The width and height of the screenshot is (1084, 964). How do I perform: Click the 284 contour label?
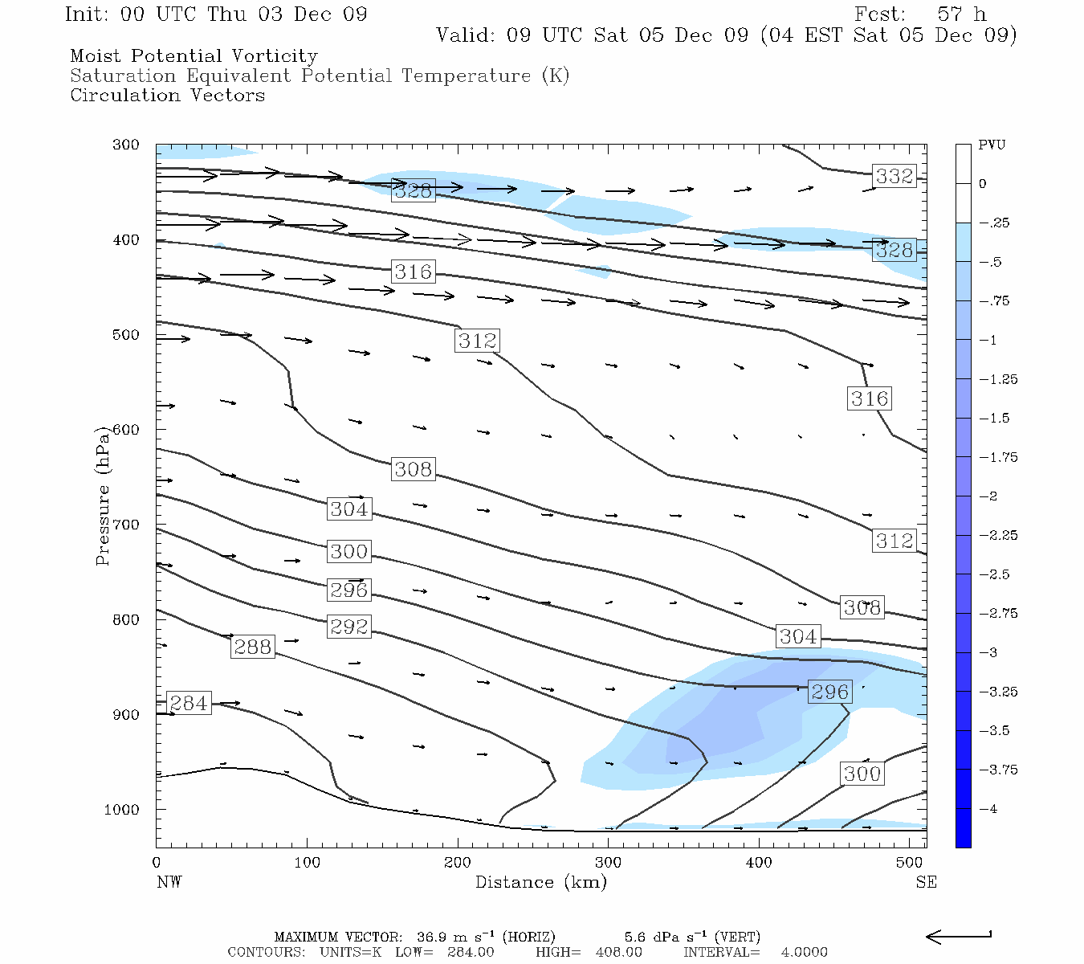[189, 703]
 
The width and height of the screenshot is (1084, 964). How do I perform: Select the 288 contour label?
[252, 647]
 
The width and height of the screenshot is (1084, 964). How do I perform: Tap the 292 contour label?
[349, 626]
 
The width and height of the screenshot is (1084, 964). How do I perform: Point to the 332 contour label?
[895, 176]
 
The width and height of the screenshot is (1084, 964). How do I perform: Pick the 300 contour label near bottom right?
[862, 774]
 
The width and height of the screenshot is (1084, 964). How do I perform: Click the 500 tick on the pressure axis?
[126, 335]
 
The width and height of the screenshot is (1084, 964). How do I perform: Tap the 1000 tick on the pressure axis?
[122, 810]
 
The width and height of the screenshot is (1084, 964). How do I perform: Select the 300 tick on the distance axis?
[608, 862]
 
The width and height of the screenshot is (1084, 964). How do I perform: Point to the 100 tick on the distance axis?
[307, 862]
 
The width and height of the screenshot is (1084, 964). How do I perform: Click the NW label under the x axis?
[169, 882]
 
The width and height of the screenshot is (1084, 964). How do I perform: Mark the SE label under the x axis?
[926, 882]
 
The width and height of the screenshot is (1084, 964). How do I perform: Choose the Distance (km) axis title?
[540, 882]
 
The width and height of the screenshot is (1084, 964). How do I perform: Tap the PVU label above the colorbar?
[992, 145]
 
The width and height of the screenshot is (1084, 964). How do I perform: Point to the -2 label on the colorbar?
[988, 496]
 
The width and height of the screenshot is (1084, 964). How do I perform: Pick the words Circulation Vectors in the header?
[167, 96]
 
